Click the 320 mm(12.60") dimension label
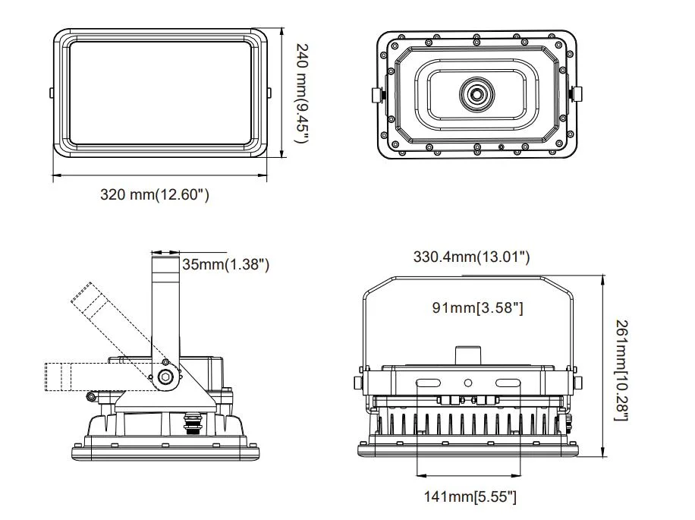coord(155,195)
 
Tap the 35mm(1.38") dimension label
coord(226,264)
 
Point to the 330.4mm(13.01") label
coord(471,257)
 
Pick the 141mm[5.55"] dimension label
coord(470,497)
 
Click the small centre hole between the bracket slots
coord(468,383)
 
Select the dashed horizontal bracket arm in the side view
coord(76,377)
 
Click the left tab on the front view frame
coord(50,93)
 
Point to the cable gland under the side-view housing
coord(192,419)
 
